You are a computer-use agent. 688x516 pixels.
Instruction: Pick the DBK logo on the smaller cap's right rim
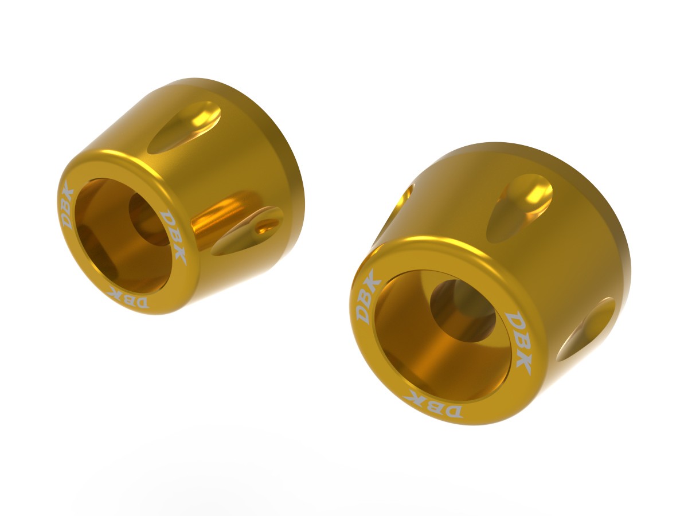point(174,236)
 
